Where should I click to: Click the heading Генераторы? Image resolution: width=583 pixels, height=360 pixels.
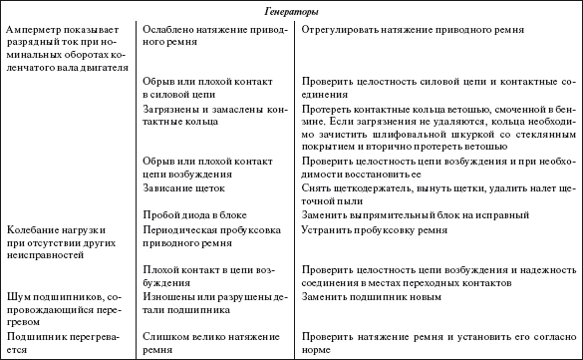tap(292, 11)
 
